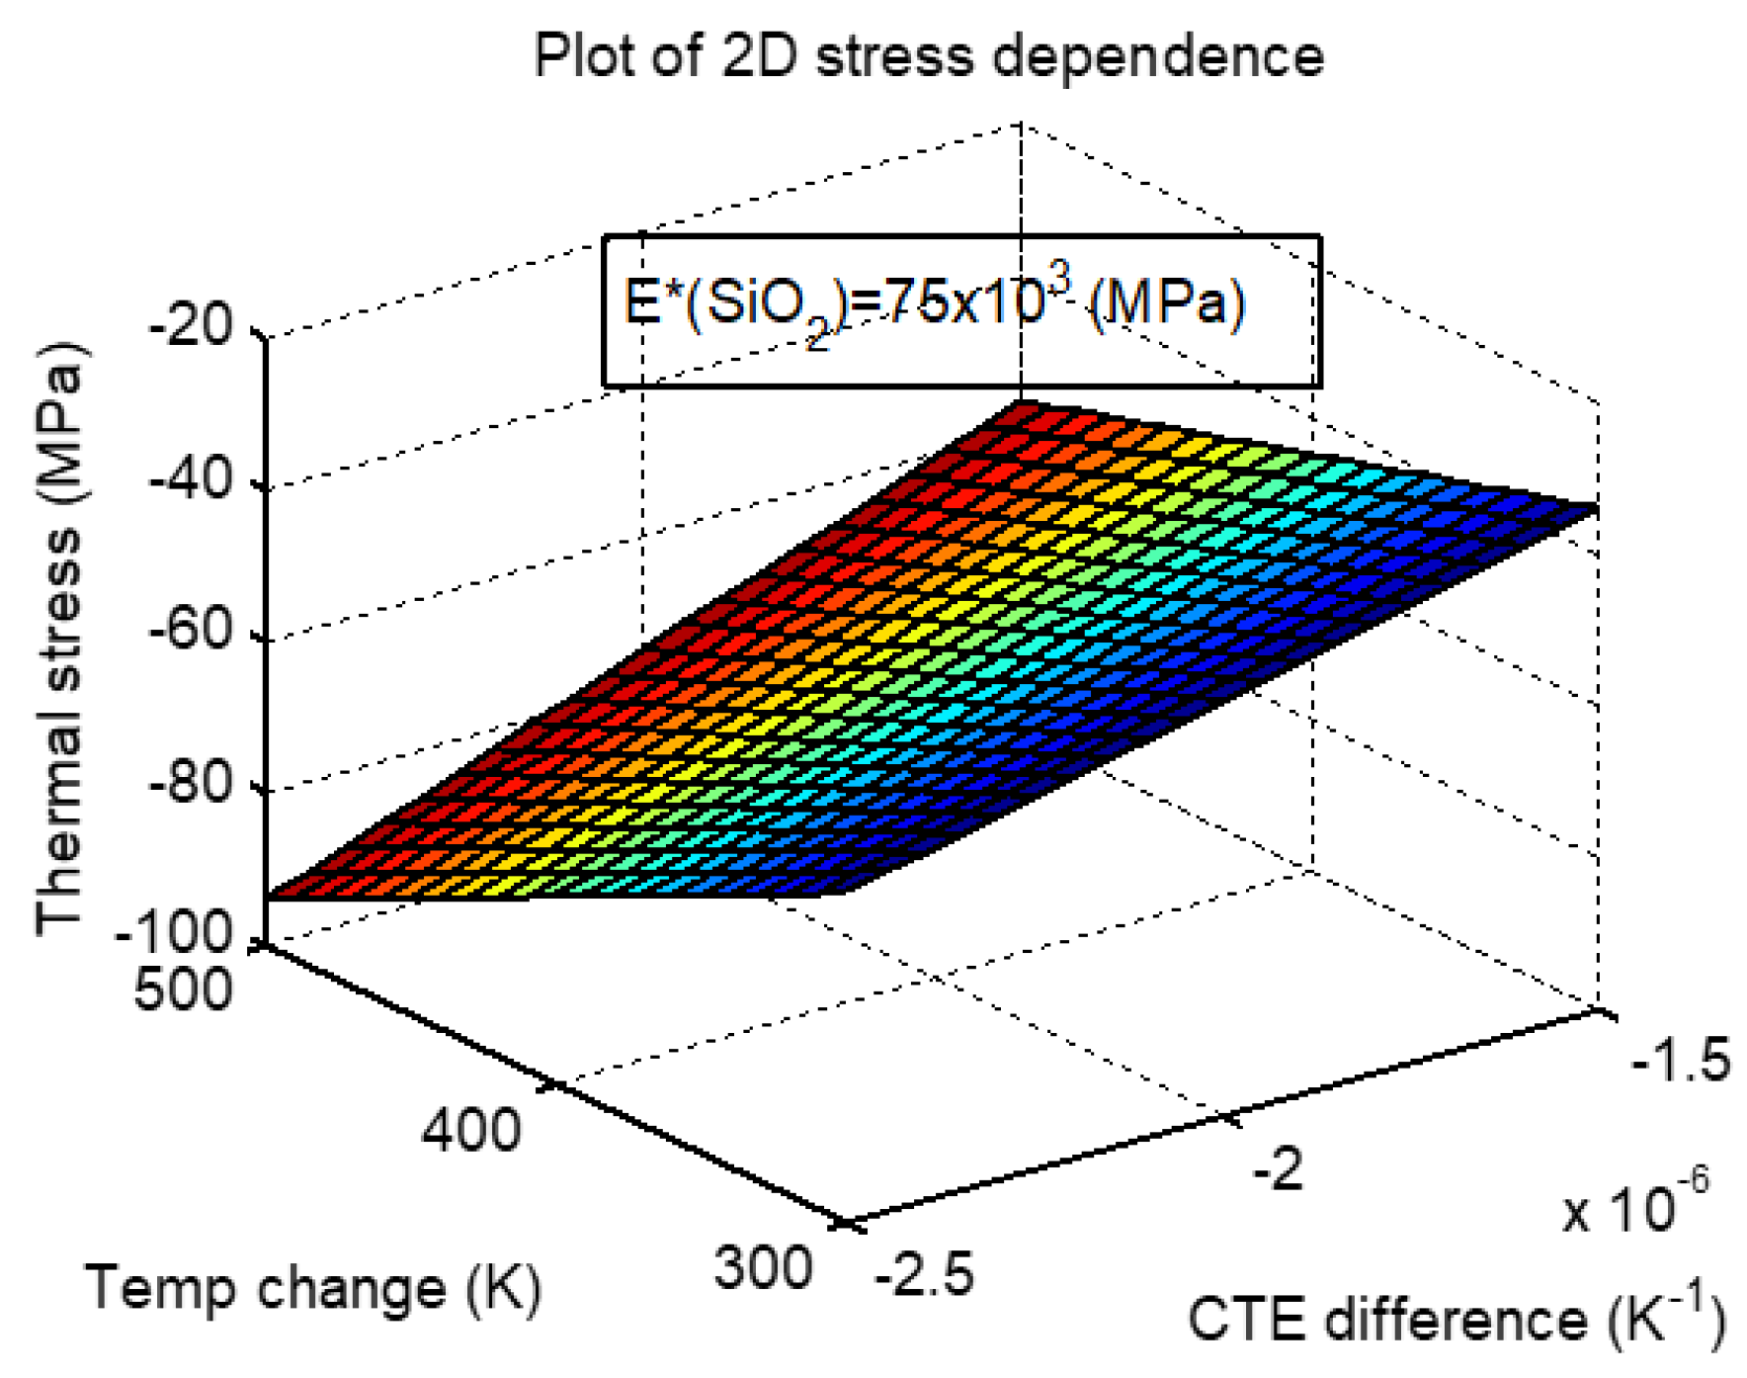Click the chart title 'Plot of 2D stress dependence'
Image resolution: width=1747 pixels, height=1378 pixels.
[x=928, y=55]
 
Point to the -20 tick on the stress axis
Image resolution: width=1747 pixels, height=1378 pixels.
[x=191, y=325]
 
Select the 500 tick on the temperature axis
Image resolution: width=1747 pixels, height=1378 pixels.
[x=183, y=988]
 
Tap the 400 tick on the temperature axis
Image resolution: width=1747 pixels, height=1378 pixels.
[x=470, y=1129]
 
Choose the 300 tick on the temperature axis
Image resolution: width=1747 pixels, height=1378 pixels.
[x=763, y=1267]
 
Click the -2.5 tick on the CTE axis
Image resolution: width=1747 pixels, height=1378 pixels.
[x=924, y=1274]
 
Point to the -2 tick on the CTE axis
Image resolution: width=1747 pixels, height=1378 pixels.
[x=1278, y=1170]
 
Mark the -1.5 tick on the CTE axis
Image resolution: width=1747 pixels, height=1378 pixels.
[x=1681, y=1061]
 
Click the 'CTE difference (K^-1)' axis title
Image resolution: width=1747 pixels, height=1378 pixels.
[x=1456, y=1319]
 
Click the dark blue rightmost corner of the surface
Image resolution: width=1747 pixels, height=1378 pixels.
[x=1593, y=510]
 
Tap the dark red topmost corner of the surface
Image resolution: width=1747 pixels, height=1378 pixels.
[x=1024, y=404]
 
